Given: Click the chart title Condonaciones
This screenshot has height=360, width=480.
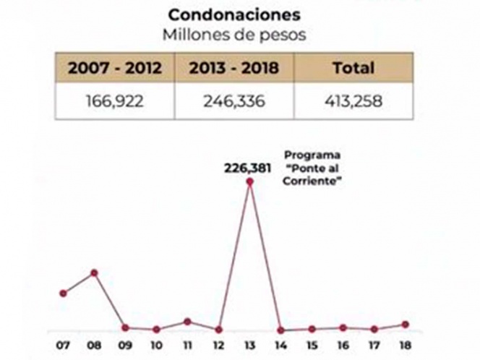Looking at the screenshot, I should coord(234,14).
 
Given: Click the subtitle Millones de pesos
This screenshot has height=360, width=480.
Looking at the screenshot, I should coord(234,34).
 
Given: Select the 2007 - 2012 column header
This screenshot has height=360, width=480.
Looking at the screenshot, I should coord(115,69).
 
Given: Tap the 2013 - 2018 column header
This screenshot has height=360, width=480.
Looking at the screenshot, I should coord(234,69).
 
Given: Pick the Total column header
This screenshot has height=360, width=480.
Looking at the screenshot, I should coord(353,69).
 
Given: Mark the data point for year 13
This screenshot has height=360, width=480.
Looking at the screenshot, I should coord(249,182).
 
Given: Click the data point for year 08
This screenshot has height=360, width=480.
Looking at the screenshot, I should coord(94,273).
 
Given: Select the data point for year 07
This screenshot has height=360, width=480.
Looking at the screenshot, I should coord(63,293).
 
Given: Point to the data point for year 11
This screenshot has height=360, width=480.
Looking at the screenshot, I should coord(187,321).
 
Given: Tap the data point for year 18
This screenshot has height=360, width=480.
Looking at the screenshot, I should coord(406,325).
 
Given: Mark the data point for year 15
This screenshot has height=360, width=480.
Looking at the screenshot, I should coord(312,329).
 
